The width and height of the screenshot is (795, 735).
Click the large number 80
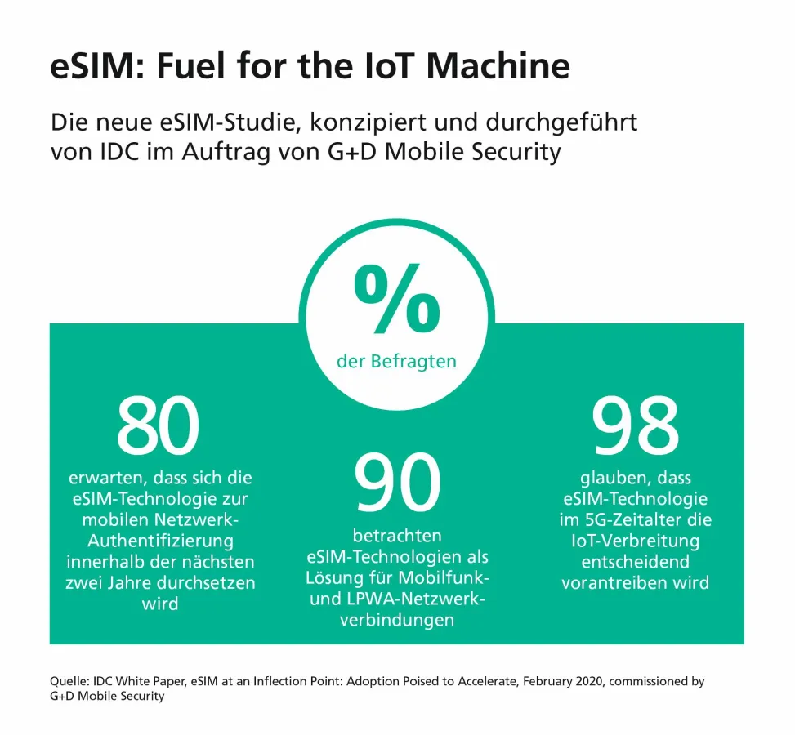point(159,427)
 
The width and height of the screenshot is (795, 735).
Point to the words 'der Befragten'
point(396,361)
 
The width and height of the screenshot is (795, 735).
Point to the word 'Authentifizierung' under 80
point(160,541)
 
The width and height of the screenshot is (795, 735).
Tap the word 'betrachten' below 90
point(396,536)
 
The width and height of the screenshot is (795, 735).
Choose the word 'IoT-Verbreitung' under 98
point(635,541)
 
